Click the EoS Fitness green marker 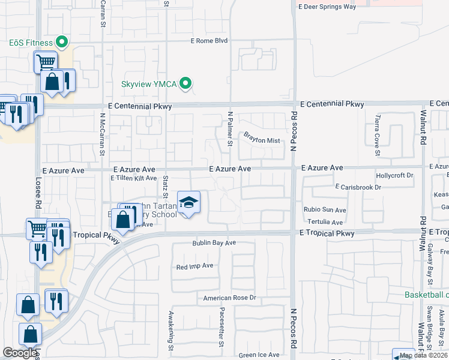pyautogui.click(x=61, y=42)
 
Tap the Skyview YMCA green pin pyautogui.click(x=186, y=84)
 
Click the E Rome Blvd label pyautogui.click(x=209, y=41)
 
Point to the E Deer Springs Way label pyautogui.click(x=336, y=7)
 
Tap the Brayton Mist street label pyautogui.click(x=262, y=140)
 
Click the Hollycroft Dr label pyautogui.click(x=394, y=175)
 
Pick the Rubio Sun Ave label pyautogui.click(x=325, y=210)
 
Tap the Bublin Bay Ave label pyautogui.click(x=214, y=244)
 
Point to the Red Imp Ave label pyautogui.click(x=194, y=266)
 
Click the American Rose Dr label pyautogui.click(x=229, y=298)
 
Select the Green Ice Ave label pyautogui.click(x=259, y=355)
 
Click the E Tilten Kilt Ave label pyautogui.click(x=133, y=178)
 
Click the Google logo pyautogui.click(x=20, y=353)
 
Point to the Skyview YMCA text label pyautogui.click(x=149, y=85)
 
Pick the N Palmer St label pyautogui.click(x=230, y=128)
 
